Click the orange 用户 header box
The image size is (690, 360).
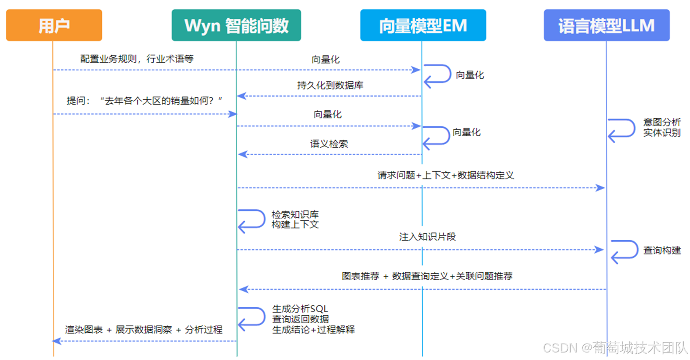(x=54, y=25)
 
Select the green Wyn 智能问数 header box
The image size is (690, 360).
(x=236, y=25)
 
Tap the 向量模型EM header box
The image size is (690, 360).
(x=423, y=25)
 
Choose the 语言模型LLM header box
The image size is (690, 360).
(x=606, y=25)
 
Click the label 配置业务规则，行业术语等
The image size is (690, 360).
(x=137, y=59)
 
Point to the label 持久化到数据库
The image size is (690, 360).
(x=330, y=85)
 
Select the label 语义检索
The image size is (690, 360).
(x=329, y=144)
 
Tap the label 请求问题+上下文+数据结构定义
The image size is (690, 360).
(x=445, y=175)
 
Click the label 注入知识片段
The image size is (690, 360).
(x=427, y=237)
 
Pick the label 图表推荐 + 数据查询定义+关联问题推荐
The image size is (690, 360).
(x=427, y=276)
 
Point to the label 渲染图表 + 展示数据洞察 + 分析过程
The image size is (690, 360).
(x=144, y=330)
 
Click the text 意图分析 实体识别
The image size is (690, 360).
(x=662, y=127)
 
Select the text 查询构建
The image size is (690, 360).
(x=662, y=250)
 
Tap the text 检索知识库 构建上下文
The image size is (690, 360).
(x=295, y=219)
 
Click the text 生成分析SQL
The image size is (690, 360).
(x=300, y=309)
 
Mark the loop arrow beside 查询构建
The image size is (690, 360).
(x=624, y=251)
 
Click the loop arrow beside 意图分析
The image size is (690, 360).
(x=621, y=129)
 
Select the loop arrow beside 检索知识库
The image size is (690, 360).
(x=251, y=220)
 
